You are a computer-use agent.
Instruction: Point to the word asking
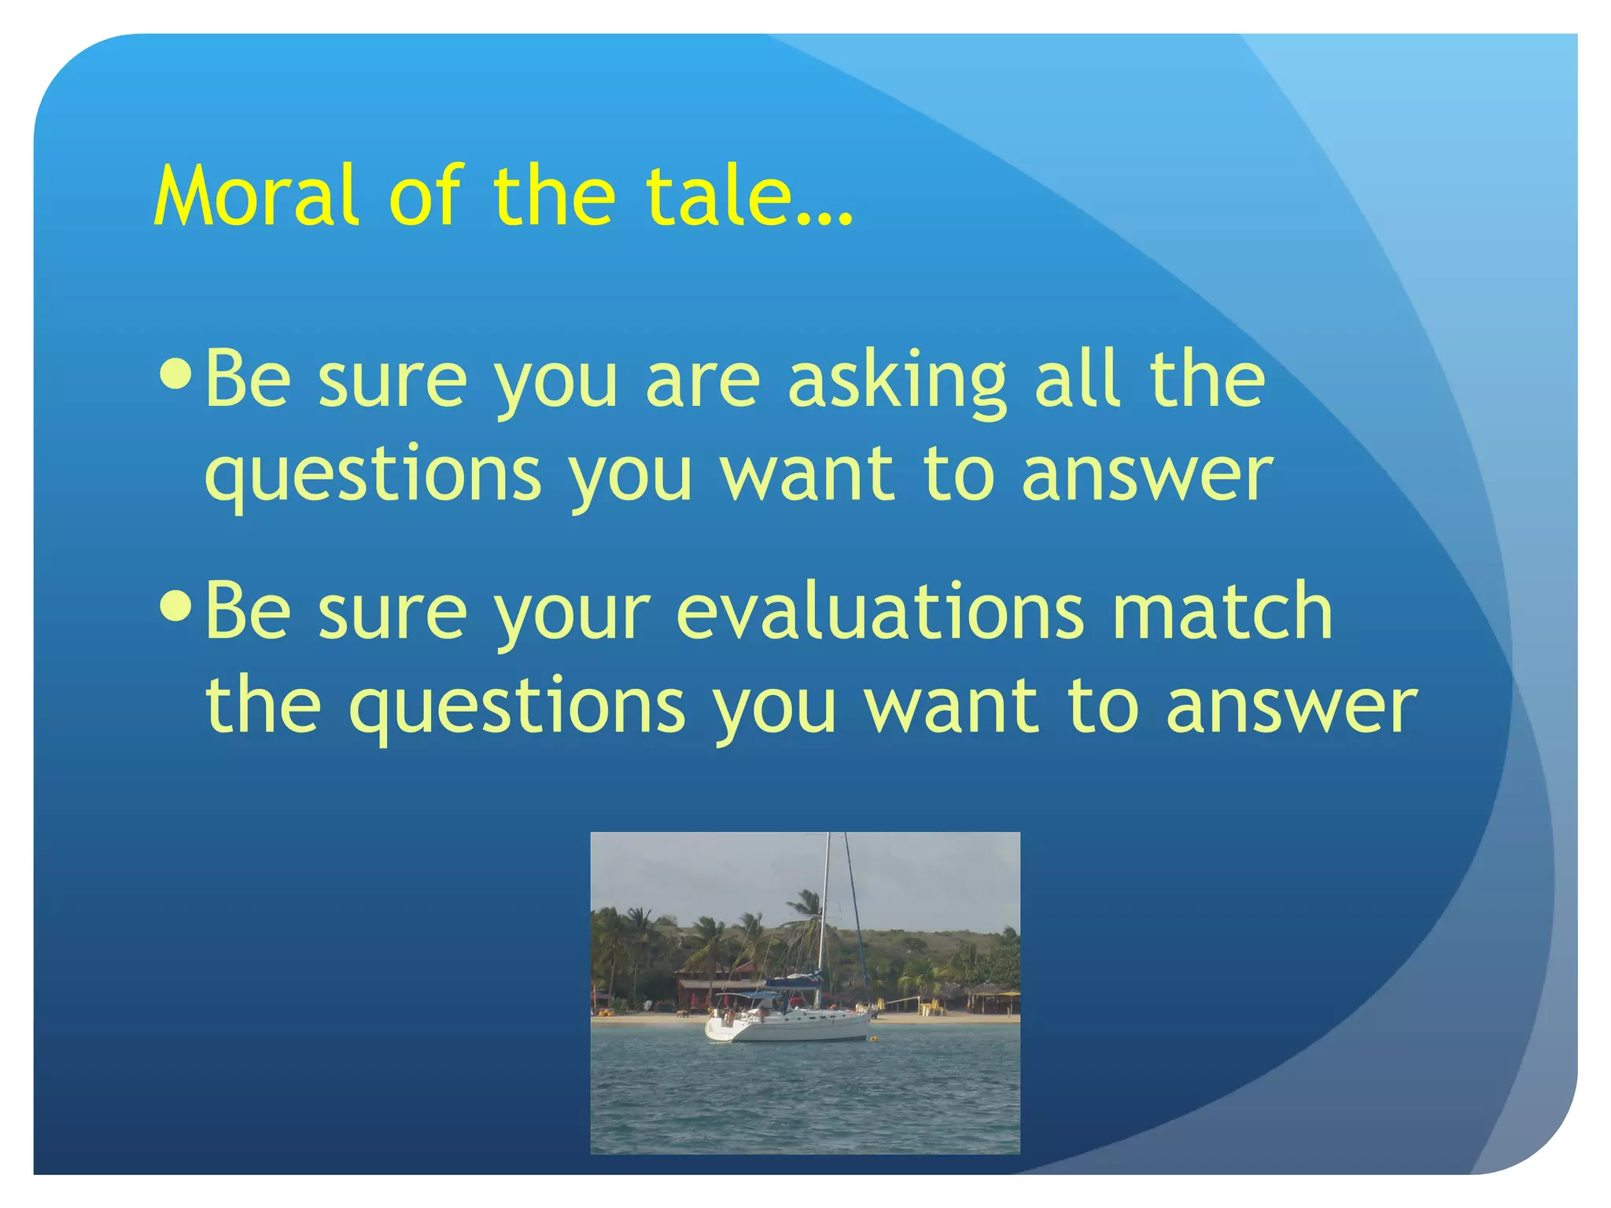click(x=898, y=381)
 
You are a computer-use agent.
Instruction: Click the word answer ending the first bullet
click(x=1147, y=476)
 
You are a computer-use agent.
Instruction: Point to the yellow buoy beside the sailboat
click(x=872, y=1037)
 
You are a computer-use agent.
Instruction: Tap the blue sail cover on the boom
click(x=794, y=981)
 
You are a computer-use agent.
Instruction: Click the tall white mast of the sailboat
click(x=824, y=904)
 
